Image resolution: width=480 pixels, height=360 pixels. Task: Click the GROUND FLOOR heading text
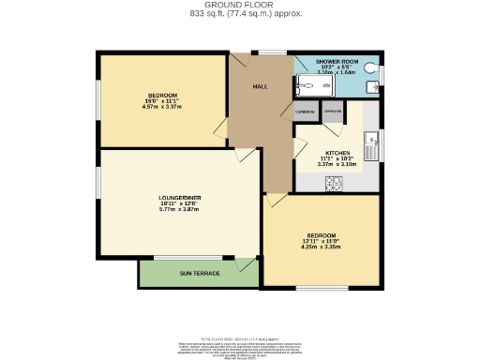tap(240, 5)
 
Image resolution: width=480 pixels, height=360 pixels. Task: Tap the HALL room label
tap(261, 86)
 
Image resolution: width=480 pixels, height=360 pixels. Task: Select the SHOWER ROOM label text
tap(336, 60)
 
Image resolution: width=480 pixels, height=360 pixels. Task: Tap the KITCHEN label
tap(337, 153)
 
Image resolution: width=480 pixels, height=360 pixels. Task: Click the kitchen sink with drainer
tap(369, 146)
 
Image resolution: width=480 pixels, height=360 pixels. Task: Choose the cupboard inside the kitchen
tap(332, 111)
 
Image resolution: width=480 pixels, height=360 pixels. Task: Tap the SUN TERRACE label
tap(200, 273)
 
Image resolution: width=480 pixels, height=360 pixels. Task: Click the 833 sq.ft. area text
tap(212, 14)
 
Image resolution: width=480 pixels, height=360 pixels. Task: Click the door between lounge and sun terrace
tap(246, 264)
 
